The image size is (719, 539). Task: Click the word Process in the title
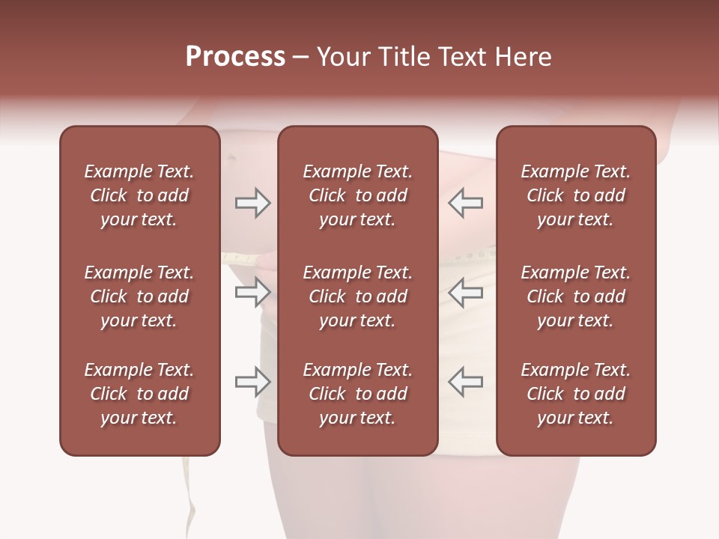pyautogui.click(x=235, y=57)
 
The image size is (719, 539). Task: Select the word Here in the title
pyautogui.click(x=524, y=57)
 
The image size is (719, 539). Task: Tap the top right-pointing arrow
pyautogui.click(x=252, y=203)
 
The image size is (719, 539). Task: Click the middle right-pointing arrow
pyautogui.click(x=252, y=292)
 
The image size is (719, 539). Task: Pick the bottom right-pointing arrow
pyautogui.click(x=252, y=382)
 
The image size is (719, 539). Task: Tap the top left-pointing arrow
pyautogui.click(x=466, y=203)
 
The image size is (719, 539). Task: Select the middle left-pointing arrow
pyautogui.click(x=466, y=292)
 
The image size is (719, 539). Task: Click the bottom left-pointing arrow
pyautogui.click(x=466, y=382)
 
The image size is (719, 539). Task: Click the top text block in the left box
pyautogui.click(x=139, y=195)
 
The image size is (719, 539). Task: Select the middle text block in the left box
pyautogui.click(x=139, y=296)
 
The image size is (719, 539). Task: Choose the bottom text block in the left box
pyautogui.click(x=139, y=394)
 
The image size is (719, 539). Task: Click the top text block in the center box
pyautogui.click(x=357, y=195)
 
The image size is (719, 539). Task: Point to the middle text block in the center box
pyautogui.click(x=357, y=296)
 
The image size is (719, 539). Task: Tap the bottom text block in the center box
pyautogui.click(x=357, y=394)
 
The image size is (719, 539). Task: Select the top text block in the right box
pyautogui.click(x=576, y=195)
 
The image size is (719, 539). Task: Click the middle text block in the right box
pyautogui.click(x=576, y=296)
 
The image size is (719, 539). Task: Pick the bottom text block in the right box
pyautogui.click(x=576, y=394)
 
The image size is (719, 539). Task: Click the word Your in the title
pyautogui.click(x=345, y=57)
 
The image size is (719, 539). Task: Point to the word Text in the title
pyautogui.click(x=464, y=57)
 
